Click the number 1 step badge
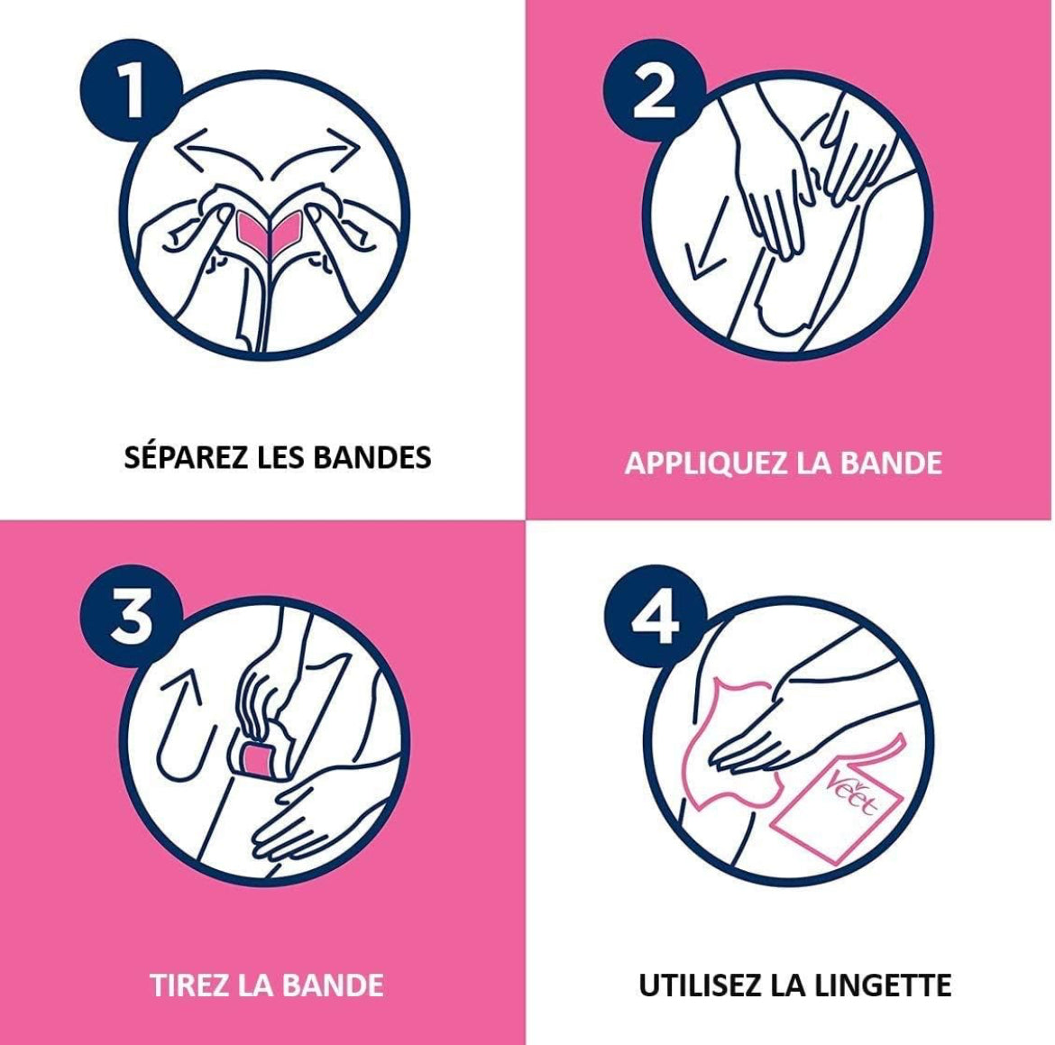132,90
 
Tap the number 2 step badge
654,90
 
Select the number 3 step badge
132,615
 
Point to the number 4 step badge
654,615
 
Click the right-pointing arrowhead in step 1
347,142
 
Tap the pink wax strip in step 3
256,760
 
